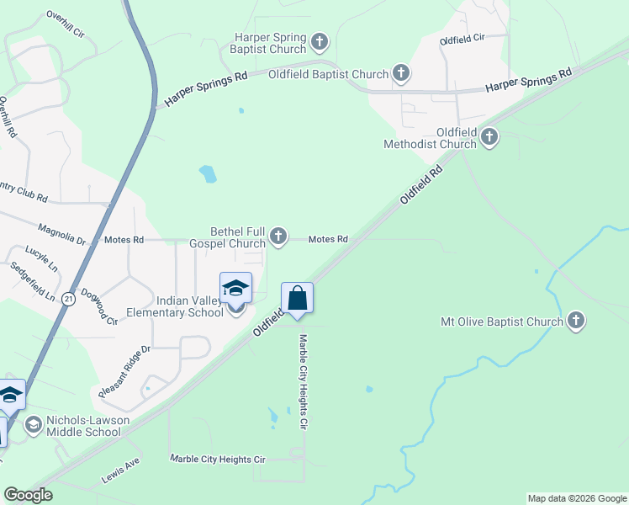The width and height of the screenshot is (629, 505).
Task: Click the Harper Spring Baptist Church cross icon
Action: click(x=319, y=40)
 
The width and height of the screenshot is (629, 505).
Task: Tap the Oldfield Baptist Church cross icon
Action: click(x=401, y=74)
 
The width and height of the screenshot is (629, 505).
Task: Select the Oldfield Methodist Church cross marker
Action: click(x=489, y=138)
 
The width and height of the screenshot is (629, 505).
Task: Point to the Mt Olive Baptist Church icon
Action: click(x=575, y=321)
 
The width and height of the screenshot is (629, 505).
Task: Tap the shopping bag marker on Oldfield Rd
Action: click(x=297, y=298)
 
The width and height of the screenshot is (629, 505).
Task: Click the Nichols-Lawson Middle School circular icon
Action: click(x=34, y=426)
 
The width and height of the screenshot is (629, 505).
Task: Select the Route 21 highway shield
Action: click(x=68, y=298)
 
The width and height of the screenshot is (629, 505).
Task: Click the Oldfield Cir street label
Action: click(x=462, y=40)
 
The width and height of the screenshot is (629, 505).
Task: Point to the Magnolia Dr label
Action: click(x=62, y=234)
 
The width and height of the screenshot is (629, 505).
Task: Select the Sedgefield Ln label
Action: click(x=34, y=283)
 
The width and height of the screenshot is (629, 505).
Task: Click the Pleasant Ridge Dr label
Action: click(x=124, y=370)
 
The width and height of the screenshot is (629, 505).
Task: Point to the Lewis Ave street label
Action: click(x=121, y=466)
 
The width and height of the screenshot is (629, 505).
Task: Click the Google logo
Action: click(x=28, y=495)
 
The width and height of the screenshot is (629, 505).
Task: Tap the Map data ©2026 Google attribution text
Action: click(x=576, y=498)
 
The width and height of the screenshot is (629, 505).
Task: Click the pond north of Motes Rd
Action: click(x=207, y=174)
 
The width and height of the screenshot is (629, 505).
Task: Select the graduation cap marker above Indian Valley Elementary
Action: click(x=236, y=288)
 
